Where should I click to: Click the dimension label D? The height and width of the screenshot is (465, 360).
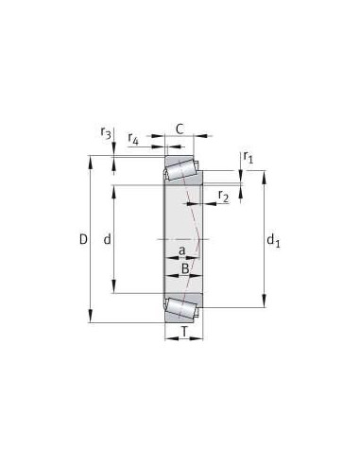click(x=83, y=240)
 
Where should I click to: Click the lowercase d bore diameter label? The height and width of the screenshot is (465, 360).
click(x=107, y=240)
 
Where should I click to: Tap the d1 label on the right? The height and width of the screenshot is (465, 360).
click(x=274, y=243)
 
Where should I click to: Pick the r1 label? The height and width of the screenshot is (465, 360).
click(x=249, y=157)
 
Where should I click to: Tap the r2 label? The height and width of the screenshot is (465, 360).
click(x=223, y=196)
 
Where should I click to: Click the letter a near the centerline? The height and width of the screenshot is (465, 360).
click(x=181, y=250)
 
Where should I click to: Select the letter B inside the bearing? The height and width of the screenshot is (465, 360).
click(x=185, y=269)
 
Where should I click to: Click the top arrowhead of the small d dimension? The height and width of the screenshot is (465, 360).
click(x=114, y=187)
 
